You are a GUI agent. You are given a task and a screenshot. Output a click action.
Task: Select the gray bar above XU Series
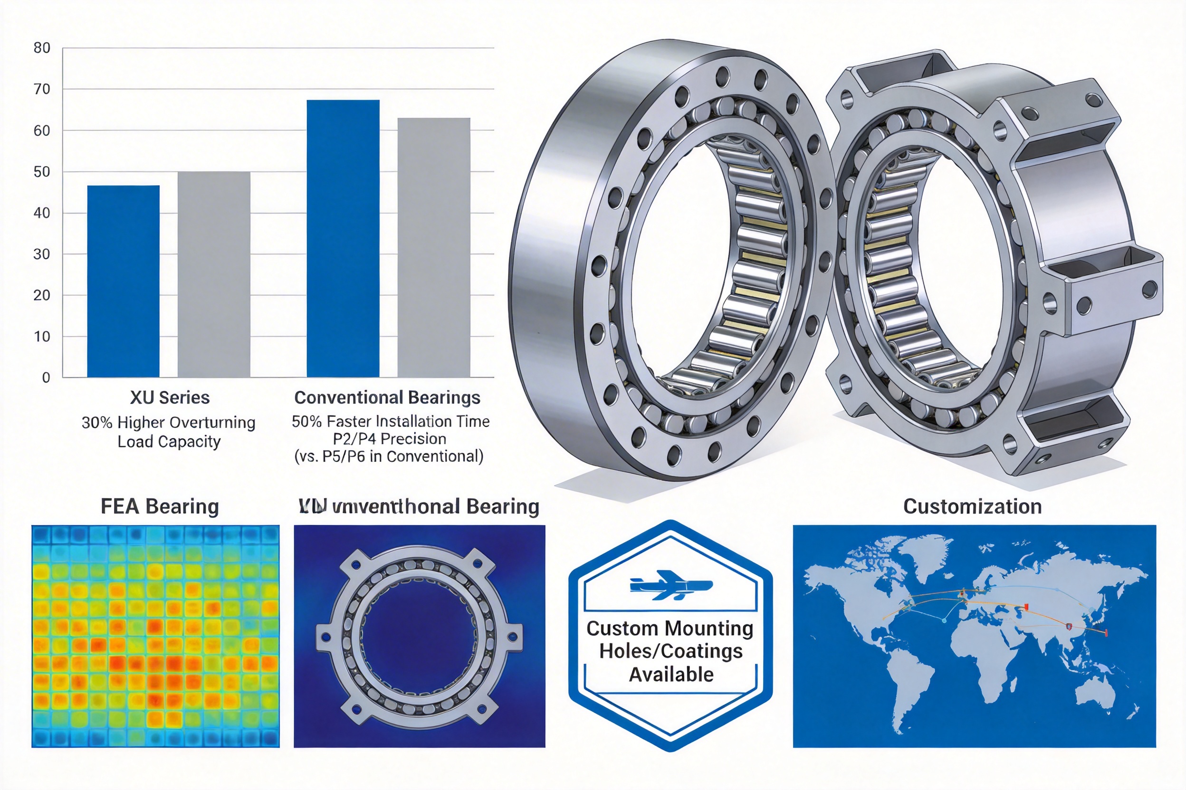(214, 274)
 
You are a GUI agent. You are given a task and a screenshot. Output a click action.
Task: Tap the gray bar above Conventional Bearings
(434, 247)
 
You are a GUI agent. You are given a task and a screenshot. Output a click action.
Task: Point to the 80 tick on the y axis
(42, 48)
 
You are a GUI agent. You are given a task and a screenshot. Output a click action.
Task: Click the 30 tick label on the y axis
(42, 254)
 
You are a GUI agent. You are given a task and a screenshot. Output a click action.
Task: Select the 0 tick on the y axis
(46, 377)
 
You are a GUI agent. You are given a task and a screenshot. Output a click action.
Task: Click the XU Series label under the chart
(170, 397)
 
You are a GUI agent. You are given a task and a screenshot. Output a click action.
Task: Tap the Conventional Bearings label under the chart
(387, 397)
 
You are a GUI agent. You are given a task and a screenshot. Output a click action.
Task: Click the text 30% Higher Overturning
(168, 422)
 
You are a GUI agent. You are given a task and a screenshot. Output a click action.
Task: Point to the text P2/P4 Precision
(389, 438)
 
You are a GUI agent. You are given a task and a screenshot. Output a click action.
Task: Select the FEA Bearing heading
(159, 507)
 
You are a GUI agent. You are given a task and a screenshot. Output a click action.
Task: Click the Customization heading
(972, 507)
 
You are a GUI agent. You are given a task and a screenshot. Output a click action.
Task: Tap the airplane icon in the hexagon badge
(670, 585)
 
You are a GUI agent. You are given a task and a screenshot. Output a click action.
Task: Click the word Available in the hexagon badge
(670, 674)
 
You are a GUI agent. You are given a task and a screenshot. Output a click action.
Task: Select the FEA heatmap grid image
(155, 636)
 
